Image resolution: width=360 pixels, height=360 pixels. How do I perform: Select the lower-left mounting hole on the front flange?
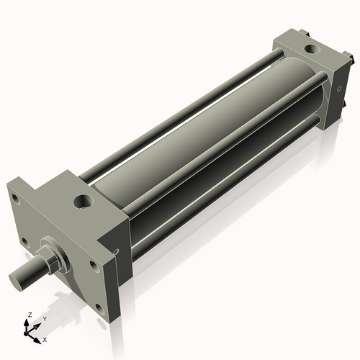click(x=25, y=241)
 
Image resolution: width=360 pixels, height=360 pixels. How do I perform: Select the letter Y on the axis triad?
click(x=44, y=318)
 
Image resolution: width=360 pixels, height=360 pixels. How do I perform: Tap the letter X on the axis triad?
click(x=45, y=338)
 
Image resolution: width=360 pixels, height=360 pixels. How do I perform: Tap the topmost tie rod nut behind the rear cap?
click(x=306, y=32)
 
